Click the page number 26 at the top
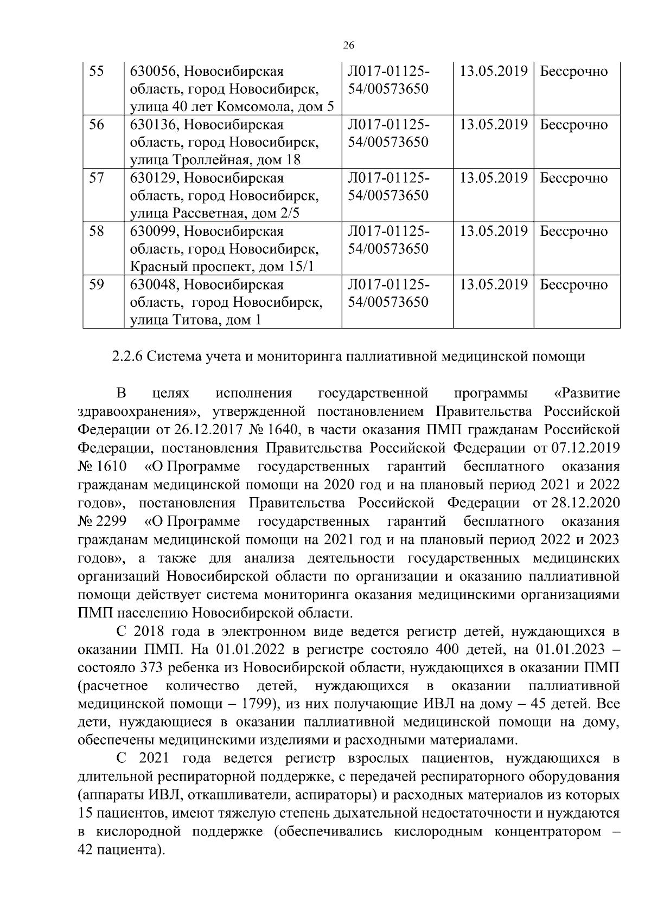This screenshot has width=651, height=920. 349,45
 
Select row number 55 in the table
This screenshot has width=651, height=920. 97,72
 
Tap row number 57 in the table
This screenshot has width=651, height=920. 97,178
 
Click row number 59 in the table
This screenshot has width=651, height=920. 97,285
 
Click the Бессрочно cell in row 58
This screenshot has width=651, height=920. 574,231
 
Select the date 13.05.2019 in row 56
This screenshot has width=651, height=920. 494,125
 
